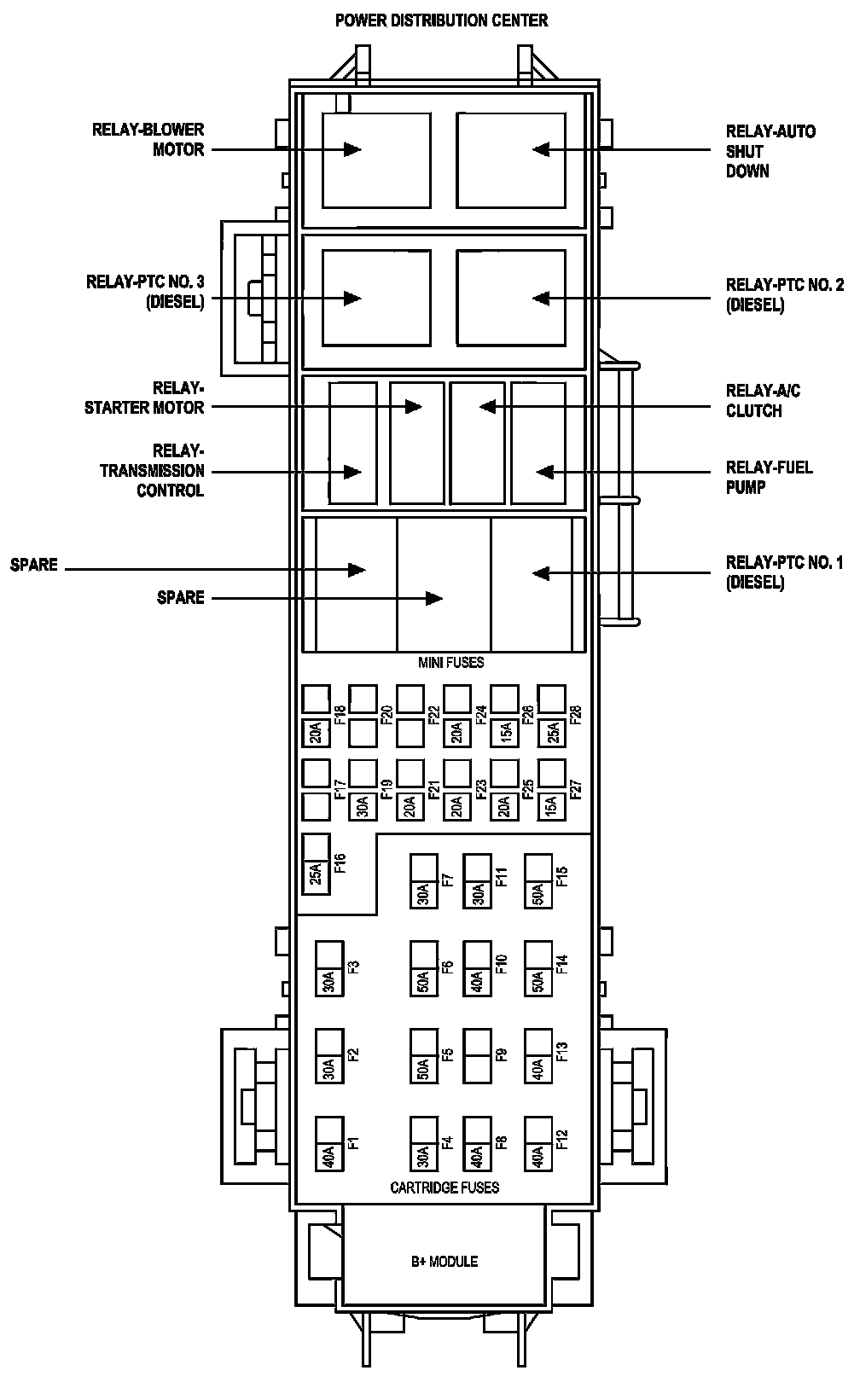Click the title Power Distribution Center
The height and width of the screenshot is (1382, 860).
tap(441, 20)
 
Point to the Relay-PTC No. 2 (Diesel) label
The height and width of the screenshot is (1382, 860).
tap(784, 294)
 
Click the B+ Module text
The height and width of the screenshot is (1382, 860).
tap(444, 1261)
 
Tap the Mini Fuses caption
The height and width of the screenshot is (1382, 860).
tap(450, 663)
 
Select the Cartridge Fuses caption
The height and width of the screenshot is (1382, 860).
tap(445, 1187)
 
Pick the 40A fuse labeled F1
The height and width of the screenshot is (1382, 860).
tap(329, 1156)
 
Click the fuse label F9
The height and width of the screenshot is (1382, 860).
tap(502, 1054)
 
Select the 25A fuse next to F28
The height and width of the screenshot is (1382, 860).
tap(552, 731)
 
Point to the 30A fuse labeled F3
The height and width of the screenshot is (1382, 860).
tap(329, 980)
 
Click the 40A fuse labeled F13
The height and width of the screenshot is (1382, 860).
tap(538, 1068)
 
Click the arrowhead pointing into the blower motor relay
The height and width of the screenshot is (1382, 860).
tap(352, 149)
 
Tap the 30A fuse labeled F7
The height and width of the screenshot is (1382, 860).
tap(424, 892)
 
